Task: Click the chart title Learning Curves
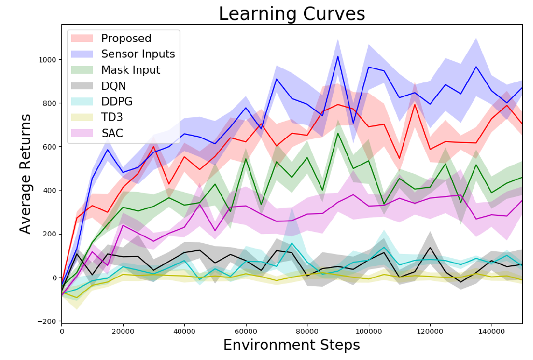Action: (x=291, y=14)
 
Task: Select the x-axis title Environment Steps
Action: (x=291, y=345)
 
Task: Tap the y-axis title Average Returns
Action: (x=26, y=173)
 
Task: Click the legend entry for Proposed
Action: (x=126, y=39)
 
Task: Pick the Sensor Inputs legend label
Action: (x=138, y=54)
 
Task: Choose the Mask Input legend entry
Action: (x=130, y=70)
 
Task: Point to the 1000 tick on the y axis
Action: (x=47, y=59)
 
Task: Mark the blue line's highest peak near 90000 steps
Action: (x=338, y=56)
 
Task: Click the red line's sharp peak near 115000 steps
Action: (x=415, y=104)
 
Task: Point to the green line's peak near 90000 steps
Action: (x=338, y=133)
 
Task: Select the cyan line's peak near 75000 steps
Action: (x=292, y=244)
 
